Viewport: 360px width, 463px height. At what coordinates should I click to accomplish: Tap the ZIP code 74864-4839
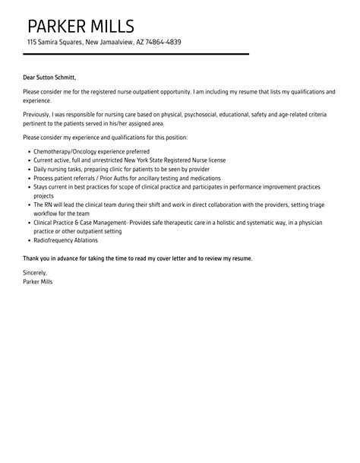click(x=163, y=43)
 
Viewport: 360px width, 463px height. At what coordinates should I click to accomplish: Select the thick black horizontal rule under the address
click(x=136, y=54)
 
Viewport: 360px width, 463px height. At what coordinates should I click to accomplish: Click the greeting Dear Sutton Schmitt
click(x=49, y=76)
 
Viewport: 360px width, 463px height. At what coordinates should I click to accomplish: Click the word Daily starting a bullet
click(x=42, y=169)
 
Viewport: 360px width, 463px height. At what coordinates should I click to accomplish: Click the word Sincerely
click(x=35, y=272)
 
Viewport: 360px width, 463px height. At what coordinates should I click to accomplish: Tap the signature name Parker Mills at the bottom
click(x=38, y=281)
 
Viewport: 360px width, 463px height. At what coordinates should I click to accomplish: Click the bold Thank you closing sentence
click(x=137, y=258)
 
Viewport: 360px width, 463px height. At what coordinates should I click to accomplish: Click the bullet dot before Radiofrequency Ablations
click(x=29, y=240)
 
